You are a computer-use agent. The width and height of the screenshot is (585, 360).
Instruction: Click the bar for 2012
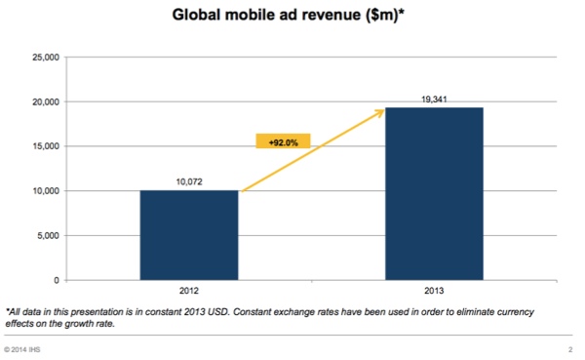click(x=189, y=235)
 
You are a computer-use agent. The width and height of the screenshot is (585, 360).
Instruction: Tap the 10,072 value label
click(x=189, y=181)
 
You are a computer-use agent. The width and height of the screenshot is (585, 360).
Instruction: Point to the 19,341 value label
click(x=436, y=99)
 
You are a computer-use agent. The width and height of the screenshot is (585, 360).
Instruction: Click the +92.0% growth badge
click(x=283, y=141)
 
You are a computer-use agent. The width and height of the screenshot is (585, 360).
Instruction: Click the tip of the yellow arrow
click(x=382, y=110)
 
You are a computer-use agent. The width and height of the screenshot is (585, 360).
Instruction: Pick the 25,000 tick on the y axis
click(x=46, y=58)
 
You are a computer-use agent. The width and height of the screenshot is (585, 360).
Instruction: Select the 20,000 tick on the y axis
click(x=46, y=102)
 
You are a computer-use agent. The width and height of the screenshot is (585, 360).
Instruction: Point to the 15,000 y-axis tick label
click(x=46, y=146)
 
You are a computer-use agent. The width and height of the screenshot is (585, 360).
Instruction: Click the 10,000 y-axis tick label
click(x=46, y=191)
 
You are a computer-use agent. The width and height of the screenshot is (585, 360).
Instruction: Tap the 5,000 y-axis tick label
click(x=49, y=236)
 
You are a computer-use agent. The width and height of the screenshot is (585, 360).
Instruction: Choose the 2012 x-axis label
click(x=189, y=290)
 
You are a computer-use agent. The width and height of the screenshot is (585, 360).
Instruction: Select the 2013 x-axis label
click(x=436, y=290)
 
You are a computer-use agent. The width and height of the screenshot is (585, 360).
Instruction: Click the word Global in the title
click(x=201, y=16)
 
